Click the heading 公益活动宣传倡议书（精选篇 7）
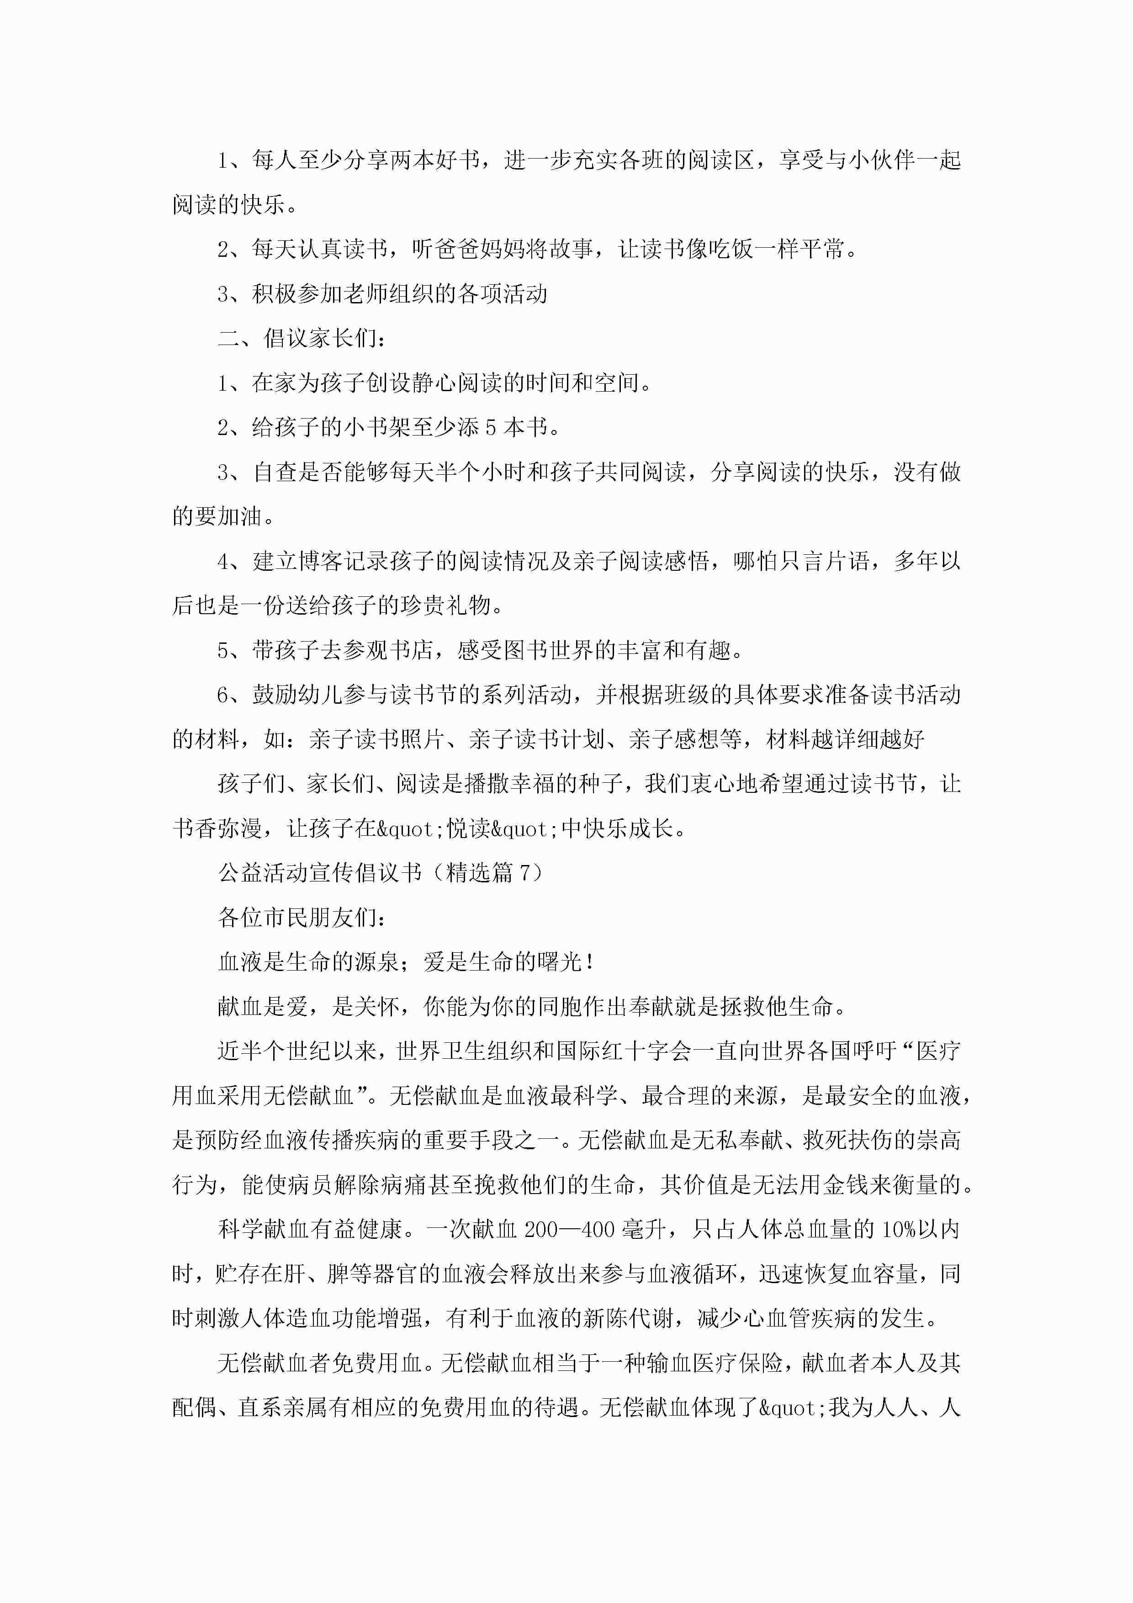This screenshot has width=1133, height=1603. (x=381, y=873)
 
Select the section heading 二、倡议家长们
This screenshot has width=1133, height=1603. (x=302, y=339)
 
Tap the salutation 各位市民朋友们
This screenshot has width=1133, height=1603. (x=302, y=918)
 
